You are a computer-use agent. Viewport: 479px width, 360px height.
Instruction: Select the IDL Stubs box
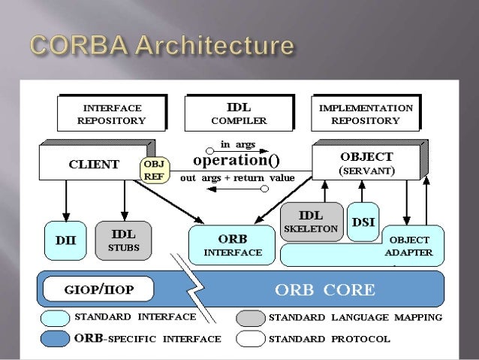pyautogui.click(x=123, y=237)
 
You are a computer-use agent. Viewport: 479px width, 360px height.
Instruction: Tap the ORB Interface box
pyautogui.click(x=233, y=244)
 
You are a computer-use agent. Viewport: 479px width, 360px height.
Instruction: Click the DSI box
pyautogui.click(x=363, y=221)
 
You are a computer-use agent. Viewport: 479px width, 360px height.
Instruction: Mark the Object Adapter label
pyautogui.click(x=408, y=247)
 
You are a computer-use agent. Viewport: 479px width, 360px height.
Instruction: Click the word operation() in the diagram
pyautogui.click(x=236, y=161)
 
